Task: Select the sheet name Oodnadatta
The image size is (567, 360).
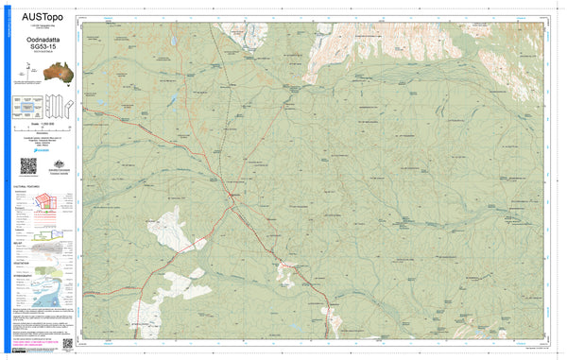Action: (43, 39)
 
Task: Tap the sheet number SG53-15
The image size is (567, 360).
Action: (43, 46)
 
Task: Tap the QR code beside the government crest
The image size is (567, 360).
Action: (28, 165)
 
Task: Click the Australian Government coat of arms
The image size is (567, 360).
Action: (56, 162)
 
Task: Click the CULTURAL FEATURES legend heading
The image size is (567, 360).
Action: (26, 187)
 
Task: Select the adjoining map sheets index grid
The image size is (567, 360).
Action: (26, 107)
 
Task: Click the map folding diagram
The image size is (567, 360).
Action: (57, 105)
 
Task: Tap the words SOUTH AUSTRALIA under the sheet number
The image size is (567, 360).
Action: (43, 53)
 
